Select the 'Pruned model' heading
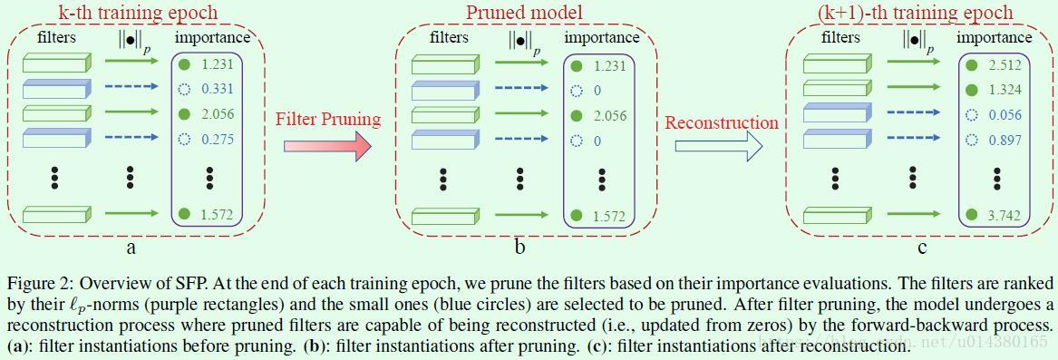pyautogui.click(x=524, y=13)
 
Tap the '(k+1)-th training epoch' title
pyautogui.click(x=926, y=13)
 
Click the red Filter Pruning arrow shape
pyautogui.click(x=327, y=144)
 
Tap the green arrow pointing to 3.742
pyautogui.click(x=913, y=215)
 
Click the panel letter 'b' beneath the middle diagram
pyautogui.click(x=519, y=246)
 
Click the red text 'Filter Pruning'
pyautogui.click(x=327, y=120)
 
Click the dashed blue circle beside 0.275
pyautogui.click(x=185, y=141)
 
